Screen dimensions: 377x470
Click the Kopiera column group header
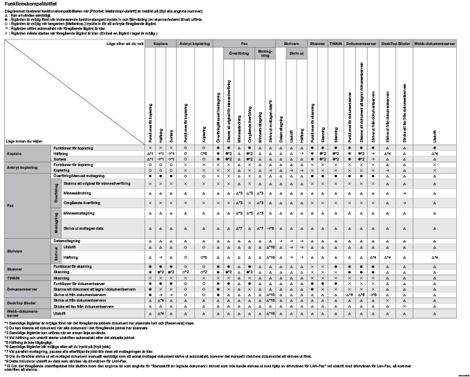(161, 43)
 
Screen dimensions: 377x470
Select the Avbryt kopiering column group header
(194, 43)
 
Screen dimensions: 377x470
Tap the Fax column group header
(245, 43)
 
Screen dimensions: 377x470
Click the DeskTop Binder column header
(397, 43)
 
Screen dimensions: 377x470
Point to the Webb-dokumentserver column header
(434, 43)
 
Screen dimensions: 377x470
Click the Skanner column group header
(317, 43)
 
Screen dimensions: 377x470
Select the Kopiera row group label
(15, 154)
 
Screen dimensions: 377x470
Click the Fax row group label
(10, 205)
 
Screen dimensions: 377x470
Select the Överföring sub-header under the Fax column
(238, 53)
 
